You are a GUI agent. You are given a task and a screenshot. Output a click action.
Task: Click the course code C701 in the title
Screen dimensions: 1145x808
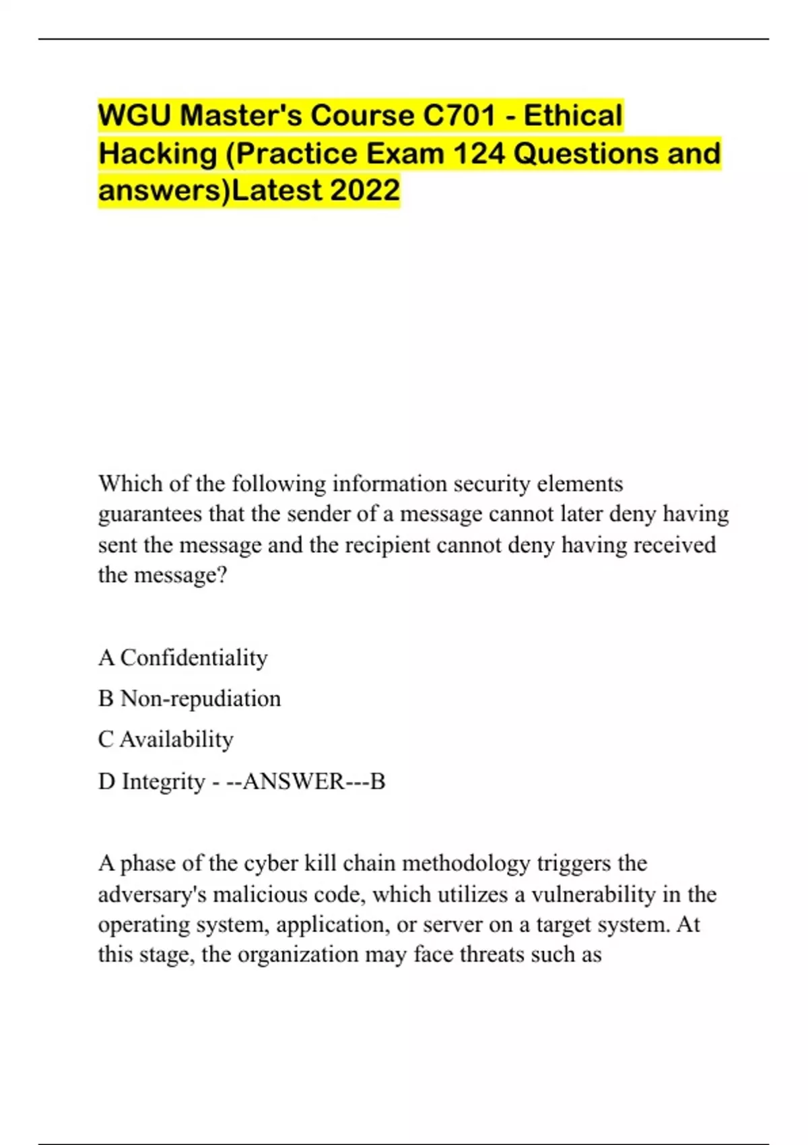pos(459,116)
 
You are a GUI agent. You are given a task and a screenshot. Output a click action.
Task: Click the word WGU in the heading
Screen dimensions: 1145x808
pos(134,116)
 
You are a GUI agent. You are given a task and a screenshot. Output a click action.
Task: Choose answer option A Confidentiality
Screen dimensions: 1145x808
pos(183,657)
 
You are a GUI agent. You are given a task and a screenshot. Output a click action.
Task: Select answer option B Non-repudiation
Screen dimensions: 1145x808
pos(189,698)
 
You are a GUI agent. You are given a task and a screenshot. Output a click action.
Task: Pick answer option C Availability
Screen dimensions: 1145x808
pos(166,740)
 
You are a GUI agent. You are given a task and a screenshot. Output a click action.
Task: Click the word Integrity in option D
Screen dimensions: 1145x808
pos(163,781)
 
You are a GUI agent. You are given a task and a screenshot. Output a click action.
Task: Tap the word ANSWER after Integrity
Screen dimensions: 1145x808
pos(294,781)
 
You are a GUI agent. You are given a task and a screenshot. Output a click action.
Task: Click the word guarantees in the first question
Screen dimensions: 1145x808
pos(150,515)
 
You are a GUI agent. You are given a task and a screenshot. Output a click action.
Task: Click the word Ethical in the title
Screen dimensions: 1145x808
pos(573,116)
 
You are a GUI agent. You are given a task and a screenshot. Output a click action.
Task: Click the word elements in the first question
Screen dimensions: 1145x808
pos(580,484)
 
